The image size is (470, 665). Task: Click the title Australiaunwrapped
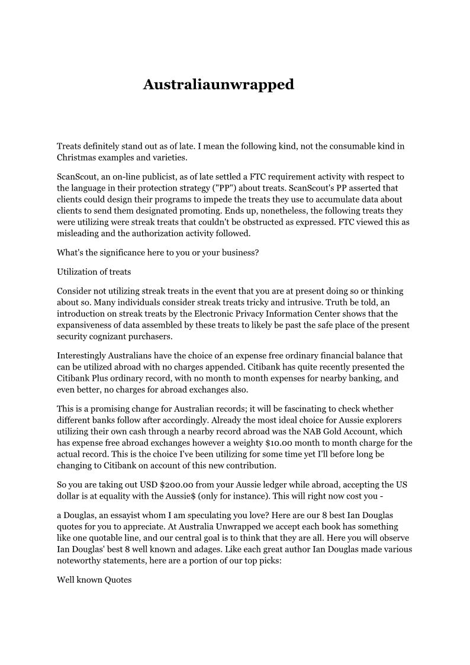[218, 85]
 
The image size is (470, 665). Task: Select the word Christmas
[78, 158]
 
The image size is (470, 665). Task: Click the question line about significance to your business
[158, 252]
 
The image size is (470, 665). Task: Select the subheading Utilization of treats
[94, 272]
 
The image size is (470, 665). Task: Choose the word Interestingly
[82, 356]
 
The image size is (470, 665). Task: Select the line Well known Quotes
[94, 580]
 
